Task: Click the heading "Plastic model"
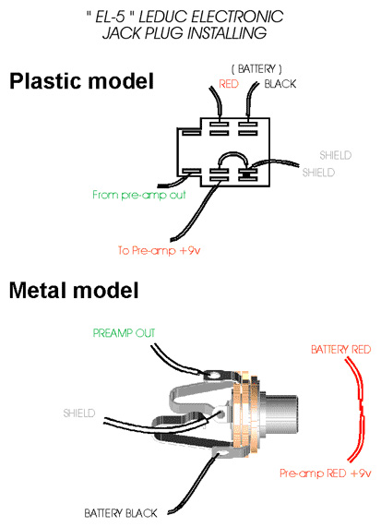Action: click(x=81, y=81)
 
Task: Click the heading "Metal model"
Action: click(x=74, y=290)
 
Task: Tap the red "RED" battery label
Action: click(x=229, y=84)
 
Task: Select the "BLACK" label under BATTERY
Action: click(x=280, y=84)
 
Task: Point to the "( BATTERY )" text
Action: click(x=256, y=69)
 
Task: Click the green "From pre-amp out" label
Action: click(x=139, y=195)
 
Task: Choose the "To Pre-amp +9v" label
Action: click(x=159, y=250)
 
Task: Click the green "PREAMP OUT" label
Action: click(x=124, y=333)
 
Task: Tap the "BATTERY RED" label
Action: click(x=340, y=350)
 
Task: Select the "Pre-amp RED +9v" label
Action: click(x=326, y=473)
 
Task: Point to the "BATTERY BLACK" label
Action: click(x=121, y=513)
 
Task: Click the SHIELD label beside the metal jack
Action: click(x=79, y=413)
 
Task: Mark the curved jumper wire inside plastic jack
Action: click(x=232, y=154)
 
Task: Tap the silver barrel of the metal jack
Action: click(x=280, y=413)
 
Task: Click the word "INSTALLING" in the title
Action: click(x=227, y=33)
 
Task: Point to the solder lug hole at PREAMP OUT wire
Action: click(x=215, y=374)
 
